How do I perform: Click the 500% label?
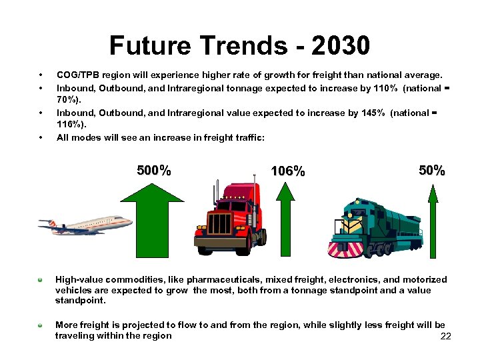154,171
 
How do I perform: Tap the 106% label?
288,171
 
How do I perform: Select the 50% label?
432,171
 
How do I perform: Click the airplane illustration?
85,225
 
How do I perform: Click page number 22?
446,336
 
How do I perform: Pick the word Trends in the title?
235,46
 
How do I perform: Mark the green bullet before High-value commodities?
40,279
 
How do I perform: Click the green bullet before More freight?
40,325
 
